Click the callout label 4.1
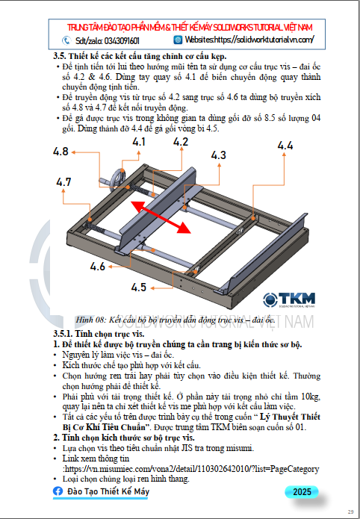(x=139, y=142)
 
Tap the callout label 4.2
(x=181, y=142)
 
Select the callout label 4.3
(x=219, y=155)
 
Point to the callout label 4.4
(x=285, y=146)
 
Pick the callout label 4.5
(x=138, y=288)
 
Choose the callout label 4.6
(x=98, y=267)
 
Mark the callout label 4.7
(x=63, y=182)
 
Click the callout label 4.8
(x=60, y=152)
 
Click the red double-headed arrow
(x=161, y=217)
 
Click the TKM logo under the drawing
(x=289, y=299)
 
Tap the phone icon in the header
(x=66, y=40)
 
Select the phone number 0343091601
(x=122, y=41)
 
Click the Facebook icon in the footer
(x=58, y=491)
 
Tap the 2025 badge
(x=302, y=492)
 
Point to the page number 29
(x=350, y=512)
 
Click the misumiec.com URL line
(x=190, y=469)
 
